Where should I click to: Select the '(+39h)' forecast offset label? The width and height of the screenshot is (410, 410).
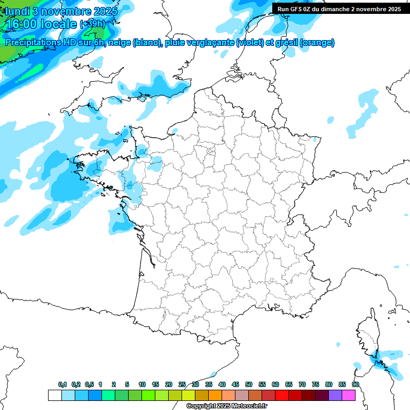(x=92, y=24)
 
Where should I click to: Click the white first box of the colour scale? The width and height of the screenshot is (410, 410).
(x=54, y=395)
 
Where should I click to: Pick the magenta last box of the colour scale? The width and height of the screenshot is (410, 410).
(x=349, y=395)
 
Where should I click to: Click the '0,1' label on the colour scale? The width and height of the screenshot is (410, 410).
(x=62, y=384)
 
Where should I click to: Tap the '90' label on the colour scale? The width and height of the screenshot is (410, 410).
(x=356, y=384)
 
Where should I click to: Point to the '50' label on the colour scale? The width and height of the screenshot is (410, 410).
(x=249, y=384)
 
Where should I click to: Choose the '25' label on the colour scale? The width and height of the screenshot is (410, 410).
(x=182, y=384)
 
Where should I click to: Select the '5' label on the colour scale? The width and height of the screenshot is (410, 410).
(x=127, y=384)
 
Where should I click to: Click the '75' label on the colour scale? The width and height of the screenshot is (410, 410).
(x=316, y=384)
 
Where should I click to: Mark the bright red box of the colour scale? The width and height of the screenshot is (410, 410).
(x=282, y=395)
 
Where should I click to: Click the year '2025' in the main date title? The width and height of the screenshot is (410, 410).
(x=104, y=11)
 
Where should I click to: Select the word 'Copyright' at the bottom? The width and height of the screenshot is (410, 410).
(x=201, y=406)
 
